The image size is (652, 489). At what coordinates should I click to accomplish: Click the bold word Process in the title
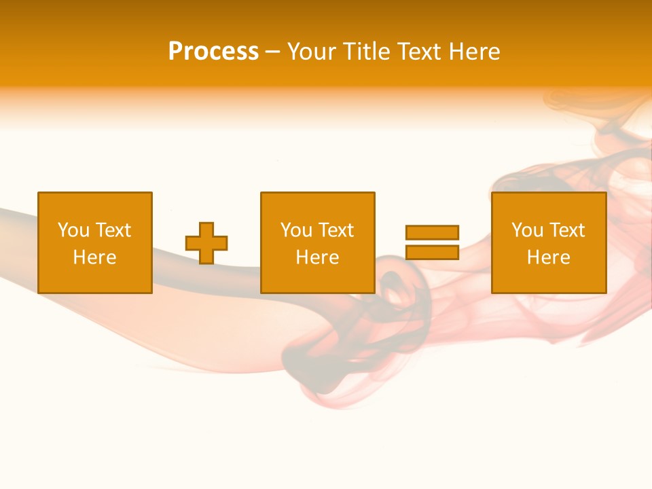pyautogui.click(x=213, y=52)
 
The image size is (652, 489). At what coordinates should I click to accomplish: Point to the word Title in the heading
pyautogui.click(x=367, y=52)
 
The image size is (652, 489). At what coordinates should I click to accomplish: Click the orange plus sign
pyautogui.click(x=206, y=242)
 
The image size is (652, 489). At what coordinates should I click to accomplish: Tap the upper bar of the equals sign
pyautogui.click(x=432, y=232)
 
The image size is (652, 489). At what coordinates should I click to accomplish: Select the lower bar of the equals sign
pyautogui.click(x=432, y=252)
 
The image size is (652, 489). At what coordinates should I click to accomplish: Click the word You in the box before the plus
pyautogui.click(x=73, y=230)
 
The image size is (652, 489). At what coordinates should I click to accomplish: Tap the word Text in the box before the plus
pyautogui.click(x=113, y=230)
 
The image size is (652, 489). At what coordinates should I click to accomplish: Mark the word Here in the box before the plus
pyautogui.click(x=95, y=257)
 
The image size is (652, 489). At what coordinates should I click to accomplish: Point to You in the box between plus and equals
pyautogui.click(x=296, y=230)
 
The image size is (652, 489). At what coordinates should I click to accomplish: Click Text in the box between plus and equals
pyautogui.click(x=336, y=230)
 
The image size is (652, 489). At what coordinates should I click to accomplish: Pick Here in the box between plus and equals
pyautogui.click(x=318, y=257)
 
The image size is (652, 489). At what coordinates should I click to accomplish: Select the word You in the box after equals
pyautogui.click(x=527, y=230)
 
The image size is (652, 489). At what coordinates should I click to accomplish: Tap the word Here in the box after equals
pyautogui.click(x=549, y=257)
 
